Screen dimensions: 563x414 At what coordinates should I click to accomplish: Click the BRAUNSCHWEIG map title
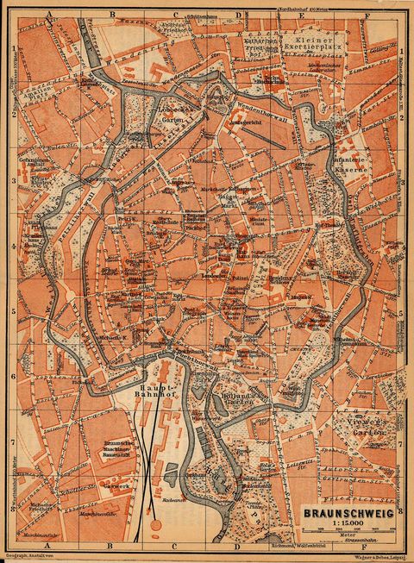point(347,512)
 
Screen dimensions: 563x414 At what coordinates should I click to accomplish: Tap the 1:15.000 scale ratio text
point(347,524)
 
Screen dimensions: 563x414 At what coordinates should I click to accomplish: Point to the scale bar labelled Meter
point(348,538)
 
